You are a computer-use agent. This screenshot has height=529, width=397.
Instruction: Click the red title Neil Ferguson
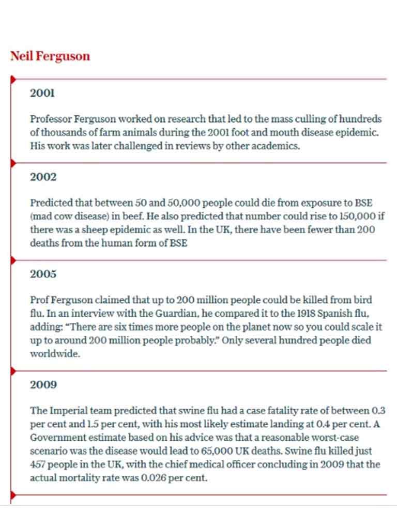click(x=50, y=56)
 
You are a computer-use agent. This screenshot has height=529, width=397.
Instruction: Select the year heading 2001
click(x=42, y=94)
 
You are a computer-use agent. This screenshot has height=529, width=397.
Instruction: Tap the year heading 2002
click(x=43, y=177)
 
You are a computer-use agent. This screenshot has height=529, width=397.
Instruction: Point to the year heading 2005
click(x=43, y=274)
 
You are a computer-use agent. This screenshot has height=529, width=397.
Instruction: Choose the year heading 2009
click(x=43, y=385)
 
